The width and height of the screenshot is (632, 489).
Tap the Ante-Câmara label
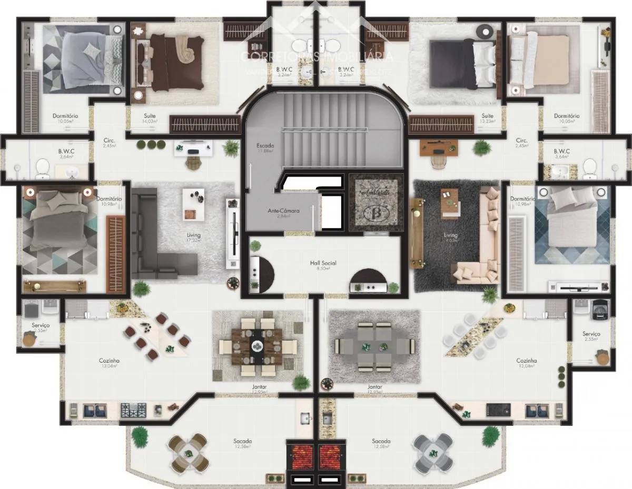[x=283, y=211]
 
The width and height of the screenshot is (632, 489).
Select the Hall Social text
[x=323, y=263]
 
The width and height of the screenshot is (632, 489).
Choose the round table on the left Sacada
[x=187, y=453]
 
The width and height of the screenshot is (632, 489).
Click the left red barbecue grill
[x=300, y=455]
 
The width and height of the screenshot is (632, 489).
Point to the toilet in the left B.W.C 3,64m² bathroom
[x=42, y=168]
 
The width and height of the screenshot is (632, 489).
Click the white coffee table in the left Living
[x=193, y=204]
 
